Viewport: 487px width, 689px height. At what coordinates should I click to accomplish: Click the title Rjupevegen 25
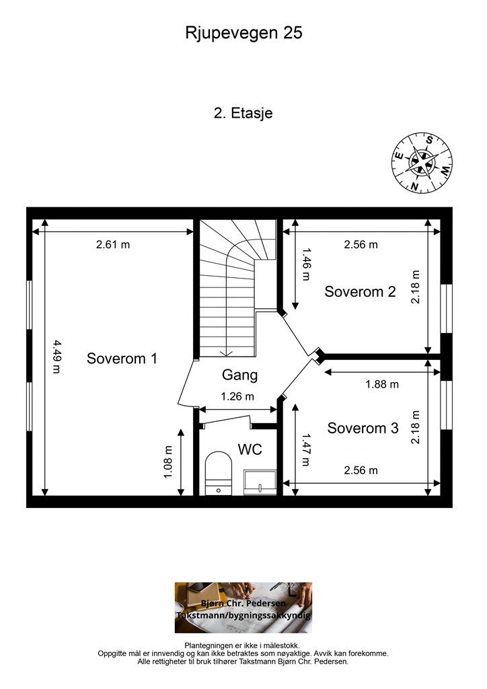[243, 33]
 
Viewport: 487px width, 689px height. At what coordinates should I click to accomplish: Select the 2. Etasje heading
[243, 113]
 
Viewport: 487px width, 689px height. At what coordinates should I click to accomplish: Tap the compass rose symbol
[422, 162]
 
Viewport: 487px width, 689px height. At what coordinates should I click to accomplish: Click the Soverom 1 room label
[122, 358]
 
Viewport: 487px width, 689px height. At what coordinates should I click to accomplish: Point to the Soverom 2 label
[360, 291]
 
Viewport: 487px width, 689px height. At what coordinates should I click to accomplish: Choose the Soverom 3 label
[363, 427]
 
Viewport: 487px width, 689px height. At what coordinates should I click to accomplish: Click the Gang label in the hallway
[239, 375]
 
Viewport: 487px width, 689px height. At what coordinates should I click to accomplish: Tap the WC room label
[250, 449]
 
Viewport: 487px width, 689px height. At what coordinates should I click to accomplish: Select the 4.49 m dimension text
[57, 357]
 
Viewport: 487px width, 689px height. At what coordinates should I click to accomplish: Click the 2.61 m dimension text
[113, 244]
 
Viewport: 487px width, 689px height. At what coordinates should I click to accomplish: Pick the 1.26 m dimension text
[237, 396]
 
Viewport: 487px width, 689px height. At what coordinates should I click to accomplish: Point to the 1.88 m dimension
[382, 384]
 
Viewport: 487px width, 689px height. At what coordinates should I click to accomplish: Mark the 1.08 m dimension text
[168, 462]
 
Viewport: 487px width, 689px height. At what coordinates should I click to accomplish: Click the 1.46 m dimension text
[306, 264]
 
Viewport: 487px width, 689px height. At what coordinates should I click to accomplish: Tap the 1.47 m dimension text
[306, 450]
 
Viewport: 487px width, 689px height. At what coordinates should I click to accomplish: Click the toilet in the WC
[219, 473]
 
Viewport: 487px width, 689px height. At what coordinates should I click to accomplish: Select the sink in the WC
[260, 482]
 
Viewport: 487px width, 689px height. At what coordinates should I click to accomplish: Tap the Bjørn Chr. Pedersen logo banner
[243, 608]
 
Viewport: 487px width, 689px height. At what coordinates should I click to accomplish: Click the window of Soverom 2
[446, 308]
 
